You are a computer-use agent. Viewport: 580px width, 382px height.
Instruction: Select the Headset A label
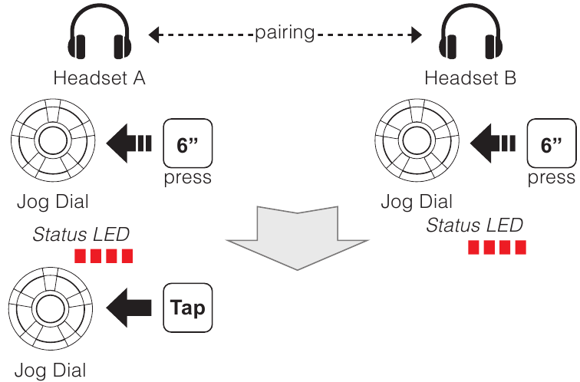pyautogui.click(x=99, y=78)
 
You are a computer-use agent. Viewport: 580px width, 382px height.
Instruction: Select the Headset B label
pyautogui.click(x=470, y=78)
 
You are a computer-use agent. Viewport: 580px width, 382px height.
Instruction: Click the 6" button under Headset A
pyautogui.click(x=187, y=144)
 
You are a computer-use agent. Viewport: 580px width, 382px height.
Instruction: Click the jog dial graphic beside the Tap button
pyautogui.click(x=51, y=309)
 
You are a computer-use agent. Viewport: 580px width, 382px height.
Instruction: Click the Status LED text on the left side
pyautogui.click(x=81, y=234)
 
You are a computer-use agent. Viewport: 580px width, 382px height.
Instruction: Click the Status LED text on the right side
pyautogui.click(x=475, y=225)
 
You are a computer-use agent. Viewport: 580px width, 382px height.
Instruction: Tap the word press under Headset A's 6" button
pyautogui.click(x=187, y=179)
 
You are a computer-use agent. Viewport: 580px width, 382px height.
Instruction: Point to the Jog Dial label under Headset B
pyautogui.click(x=417, y=202)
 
